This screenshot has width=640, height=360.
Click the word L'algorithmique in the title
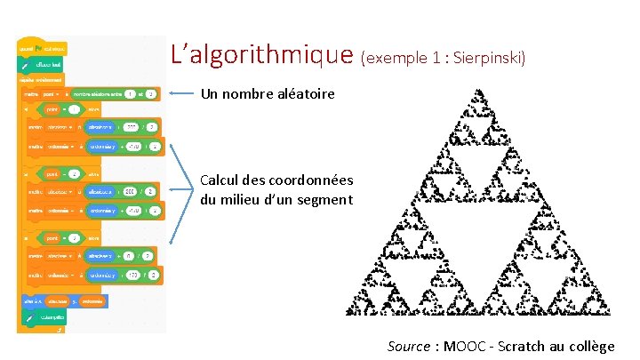263,56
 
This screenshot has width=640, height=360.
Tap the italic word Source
408,346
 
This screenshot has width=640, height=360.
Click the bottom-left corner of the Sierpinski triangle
348,314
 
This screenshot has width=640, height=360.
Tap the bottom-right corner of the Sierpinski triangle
612,314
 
